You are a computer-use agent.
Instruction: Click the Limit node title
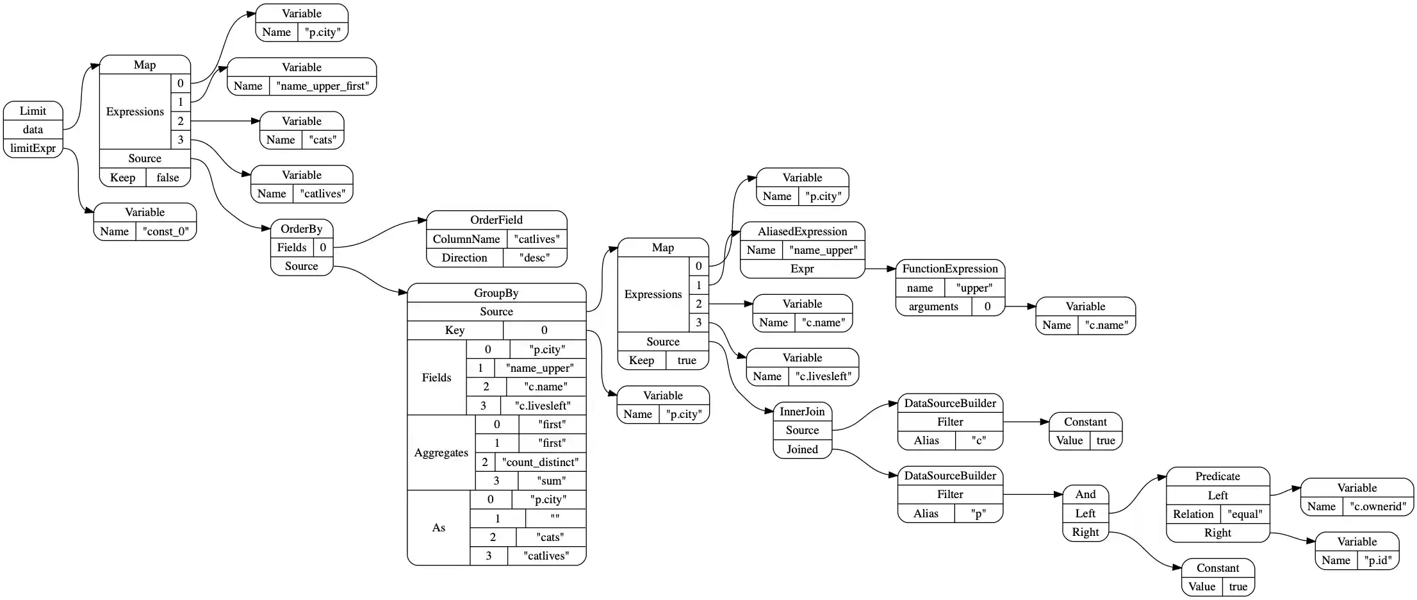coord(33,111)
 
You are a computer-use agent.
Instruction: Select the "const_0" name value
coord(166,231)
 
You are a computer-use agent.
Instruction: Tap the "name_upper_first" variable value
coord(322,86)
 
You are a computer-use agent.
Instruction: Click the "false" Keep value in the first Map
coord(168,178)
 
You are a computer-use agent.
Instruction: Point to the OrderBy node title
coord(301,229)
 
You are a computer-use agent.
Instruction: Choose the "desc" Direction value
coord(534,258)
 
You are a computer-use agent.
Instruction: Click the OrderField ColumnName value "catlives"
coord(537,239)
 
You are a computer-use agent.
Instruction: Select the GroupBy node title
coord(496,293)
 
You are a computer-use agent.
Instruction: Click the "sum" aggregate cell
coord(552,481)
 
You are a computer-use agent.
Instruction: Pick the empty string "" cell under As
coord(555,519)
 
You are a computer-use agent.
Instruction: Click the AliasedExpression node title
coord(802,231)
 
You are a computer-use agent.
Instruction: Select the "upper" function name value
coord(974,288)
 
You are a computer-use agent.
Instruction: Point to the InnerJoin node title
coord(802,412)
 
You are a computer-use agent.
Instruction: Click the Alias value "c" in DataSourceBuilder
coord(978,440)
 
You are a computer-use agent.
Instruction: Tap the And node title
coord(1085,494)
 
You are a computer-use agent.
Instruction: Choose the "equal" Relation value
coord(1245,514)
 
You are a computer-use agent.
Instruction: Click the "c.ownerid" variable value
coord(1377,506)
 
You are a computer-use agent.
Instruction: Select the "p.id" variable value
coord(1377,560)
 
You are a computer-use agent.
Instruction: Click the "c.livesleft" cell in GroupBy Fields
coord(543,406)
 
